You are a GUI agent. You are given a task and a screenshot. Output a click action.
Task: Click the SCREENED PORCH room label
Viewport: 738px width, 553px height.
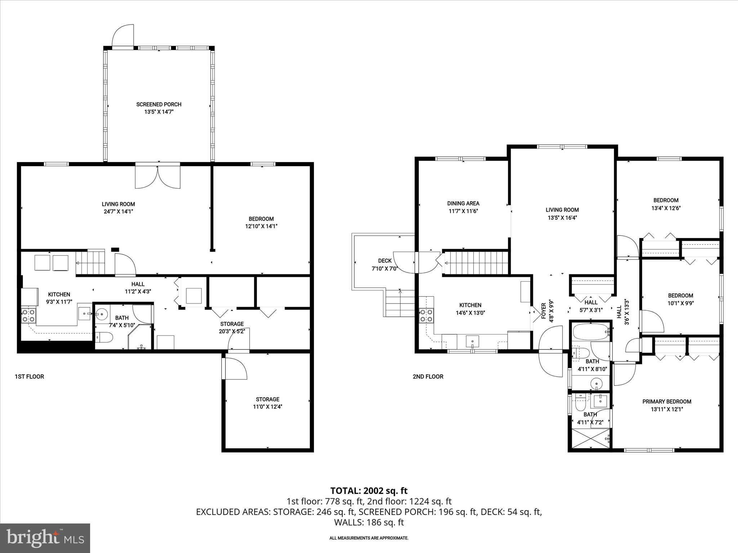[159, 104]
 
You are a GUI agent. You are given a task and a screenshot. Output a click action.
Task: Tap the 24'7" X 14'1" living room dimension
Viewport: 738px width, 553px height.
[118, 212]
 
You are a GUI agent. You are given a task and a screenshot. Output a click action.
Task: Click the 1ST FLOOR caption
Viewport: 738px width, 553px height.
[29, 377]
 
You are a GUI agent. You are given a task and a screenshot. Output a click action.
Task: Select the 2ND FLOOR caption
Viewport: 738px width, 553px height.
[428, 377]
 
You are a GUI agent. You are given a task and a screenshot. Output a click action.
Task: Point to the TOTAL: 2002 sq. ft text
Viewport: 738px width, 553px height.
[369, 491]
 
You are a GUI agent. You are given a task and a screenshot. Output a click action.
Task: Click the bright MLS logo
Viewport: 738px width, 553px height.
[45, 538]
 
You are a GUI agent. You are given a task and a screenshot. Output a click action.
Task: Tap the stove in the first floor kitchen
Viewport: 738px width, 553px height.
[28, 316]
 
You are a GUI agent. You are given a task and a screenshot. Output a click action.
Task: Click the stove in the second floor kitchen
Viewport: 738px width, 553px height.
[426, 316]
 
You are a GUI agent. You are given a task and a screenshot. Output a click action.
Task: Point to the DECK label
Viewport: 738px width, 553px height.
[384, 261]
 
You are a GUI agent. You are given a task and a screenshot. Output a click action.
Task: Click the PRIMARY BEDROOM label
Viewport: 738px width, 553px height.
[667, 401]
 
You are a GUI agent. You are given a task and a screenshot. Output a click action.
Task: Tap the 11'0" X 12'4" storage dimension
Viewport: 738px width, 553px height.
[267, 407]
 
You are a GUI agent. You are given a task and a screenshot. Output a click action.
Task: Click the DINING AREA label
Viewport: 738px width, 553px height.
[463, 203]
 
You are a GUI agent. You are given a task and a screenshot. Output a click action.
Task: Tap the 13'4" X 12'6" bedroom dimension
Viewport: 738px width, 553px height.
[666, 208]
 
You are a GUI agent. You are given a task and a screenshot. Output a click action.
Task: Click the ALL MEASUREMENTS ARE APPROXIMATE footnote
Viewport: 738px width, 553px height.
[369, 538]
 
